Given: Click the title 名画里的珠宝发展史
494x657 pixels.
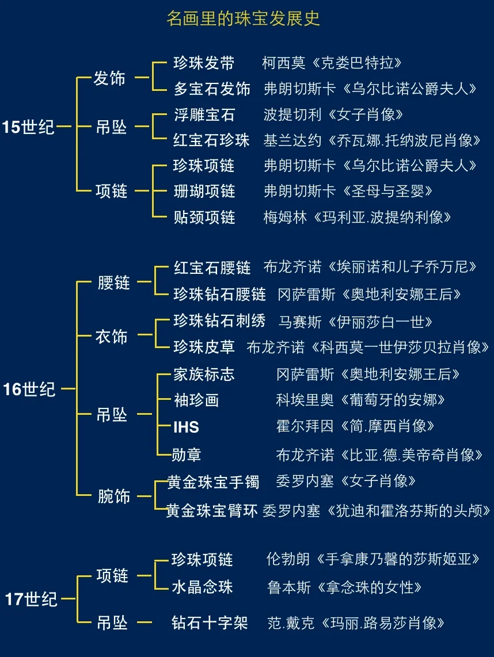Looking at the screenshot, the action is (x=243, y=19).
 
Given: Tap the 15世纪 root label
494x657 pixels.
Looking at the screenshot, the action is (x=29, y=127).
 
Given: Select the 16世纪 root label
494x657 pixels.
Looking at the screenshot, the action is (x=29, y=389).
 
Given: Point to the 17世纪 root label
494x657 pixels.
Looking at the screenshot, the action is (x=31, y=599).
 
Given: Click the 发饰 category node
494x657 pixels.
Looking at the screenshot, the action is (x=109, y=78).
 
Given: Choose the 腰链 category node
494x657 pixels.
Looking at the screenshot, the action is (x=114, y=282).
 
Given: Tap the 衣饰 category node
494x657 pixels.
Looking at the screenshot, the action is (x=111, y=336).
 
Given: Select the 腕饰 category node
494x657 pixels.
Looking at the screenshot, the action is (x=114, y=495).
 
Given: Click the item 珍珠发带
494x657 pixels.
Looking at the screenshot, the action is (x=204, y=63).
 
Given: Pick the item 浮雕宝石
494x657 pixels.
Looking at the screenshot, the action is (x=204, y=114).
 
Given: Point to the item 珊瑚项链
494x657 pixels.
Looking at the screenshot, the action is (x=204, y=191).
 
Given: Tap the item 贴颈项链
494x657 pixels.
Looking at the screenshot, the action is (x=204, y=217).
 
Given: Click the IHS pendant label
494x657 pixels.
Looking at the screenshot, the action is (x=186, y=427).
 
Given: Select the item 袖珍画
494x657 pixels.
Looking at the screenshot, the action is (x=196, y=400).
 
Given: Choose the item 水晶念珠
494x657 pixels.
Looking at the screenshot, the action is (x=202, y=587).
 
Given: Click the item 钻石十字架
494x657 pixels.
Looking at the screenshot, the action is (x=210, y=622).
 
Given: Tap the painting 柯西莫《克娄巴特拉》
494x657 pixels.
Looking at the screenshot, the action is (x=332, y=63).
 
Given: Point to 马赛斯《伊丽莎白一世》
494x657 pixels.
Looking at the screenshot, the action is (x=356, y=322).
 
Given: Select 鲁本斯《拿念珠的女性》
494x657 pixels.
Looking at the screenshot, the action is (x=345, y=587).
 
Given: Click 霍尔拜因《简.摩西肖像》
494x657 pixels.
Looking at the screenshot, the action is (x=355, y=426).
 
